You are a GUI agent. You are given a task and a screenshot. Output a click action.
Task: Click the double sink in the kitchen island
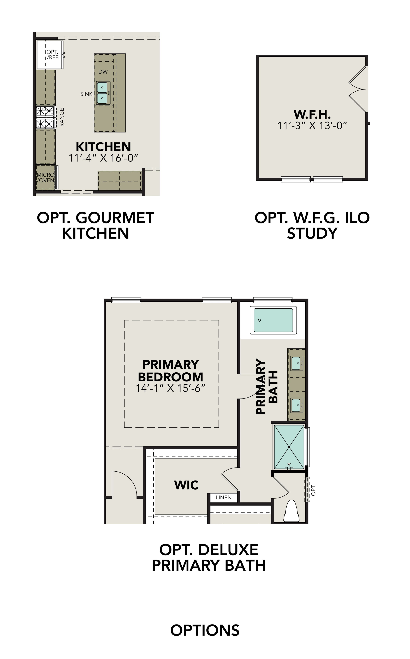102,93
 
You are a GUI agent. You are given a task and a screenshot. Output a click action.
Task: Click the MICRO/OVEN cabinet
46,178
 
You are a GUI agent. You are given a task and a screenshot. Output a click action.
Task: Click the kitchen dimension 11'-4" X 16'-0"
103,158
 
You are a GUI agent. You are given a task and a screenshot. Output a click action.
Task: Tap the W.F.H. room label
312,114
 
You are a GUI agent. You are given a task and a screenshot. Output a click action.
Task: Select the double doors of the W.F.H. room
357,89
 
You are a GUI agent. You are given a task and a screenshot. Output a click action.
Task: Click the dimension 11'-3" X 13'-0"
312,126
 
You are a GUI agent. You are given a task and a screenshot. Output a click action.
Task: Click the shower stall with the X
289,447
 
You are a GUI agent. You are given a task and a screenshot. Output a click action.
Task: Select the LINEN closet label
224,498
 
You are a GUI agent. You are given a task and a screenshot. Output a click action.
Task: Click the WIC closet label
187,485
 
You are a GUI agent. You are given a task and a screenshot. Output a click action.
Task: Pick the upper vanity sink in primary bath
296,363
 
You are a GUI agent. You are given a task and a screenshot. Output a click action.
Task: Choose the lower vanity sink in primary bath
296,405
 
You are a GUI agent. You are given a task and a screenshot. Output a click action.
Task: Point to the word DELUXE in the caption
228,550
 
